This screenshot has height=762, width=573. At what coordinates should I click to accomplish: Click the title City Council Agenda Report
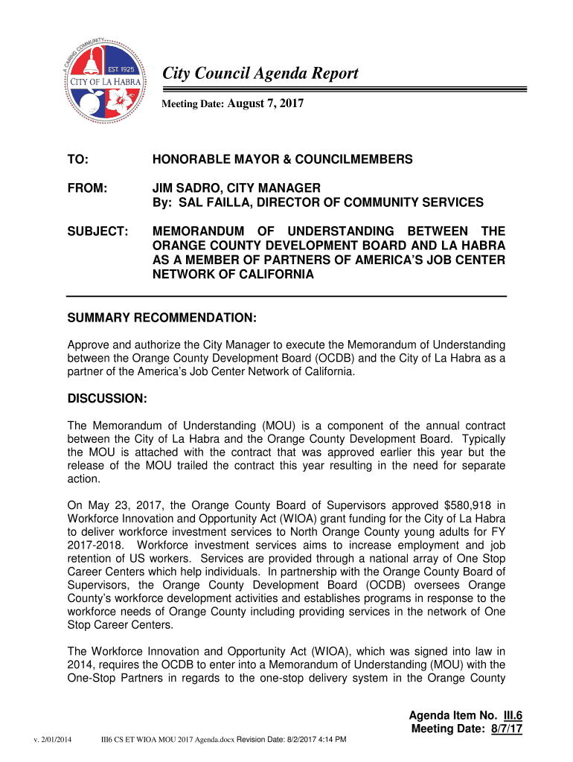[260, 73]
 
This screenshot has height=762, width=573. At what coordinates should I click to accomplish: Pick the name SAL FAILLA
[204, 202]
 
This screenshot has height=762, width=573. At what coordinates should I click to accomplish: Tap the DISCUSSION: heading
[107, 399]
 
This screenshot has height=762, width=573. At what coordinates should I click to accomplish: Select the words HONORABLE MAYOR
[202, 160]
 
